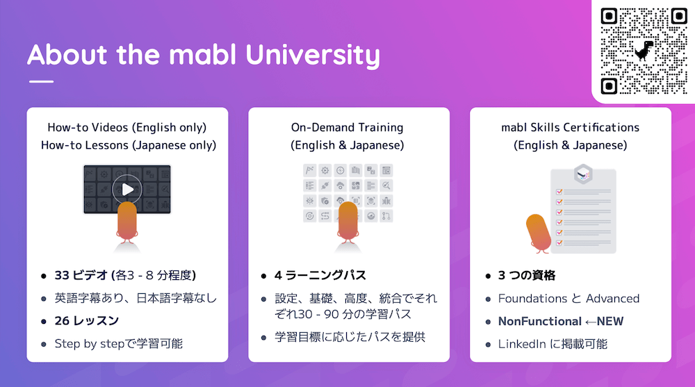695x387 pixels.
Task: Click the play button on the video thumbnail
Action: pyautogui.click(x=126, y=189)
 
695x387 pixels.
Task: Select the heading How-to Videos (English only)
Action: pyautogui.click(x=127, y=127)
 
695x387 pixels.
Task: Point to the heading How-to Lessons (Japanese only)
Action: pyautogui.click(x=127, y=145)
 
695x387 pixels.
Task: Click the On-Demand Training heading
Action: pyautogui.click(x=347, y=127)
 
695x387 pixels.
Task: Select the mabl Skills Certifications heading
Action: pyautogui.click(x=570, y=127)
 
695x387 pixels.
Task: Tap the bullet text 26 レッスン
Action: pyautogui.click(x=86, y=320)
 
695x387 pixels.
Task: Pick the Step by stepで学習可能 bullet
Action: pyautogui.click(x=118, y=343)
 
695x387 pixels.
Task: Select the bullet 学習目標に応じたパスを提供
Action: pyautogui.click(x=350, y=337)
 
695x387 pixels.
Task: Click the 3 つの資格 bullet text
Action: pyautogui.click(x=527, y=275)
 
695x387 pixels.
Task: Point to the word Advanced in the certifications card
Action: pyautogui.click(x=612, y=298)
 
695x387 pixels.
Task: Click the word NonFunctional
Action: pyautogui.click(x=539, y=321)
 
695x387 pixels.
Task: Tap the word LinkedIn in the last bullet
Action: pyautogui.click(x=522, y=343)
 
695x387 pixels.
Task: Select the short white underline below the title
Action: pyautogui.click(x=41, y=82)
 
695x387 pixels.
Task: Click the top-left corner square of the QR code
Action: pyautogui.click(x=610, y=16)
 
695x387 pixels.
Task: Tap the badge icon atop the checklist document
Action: pyautogui.click(x=582, y=174)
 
